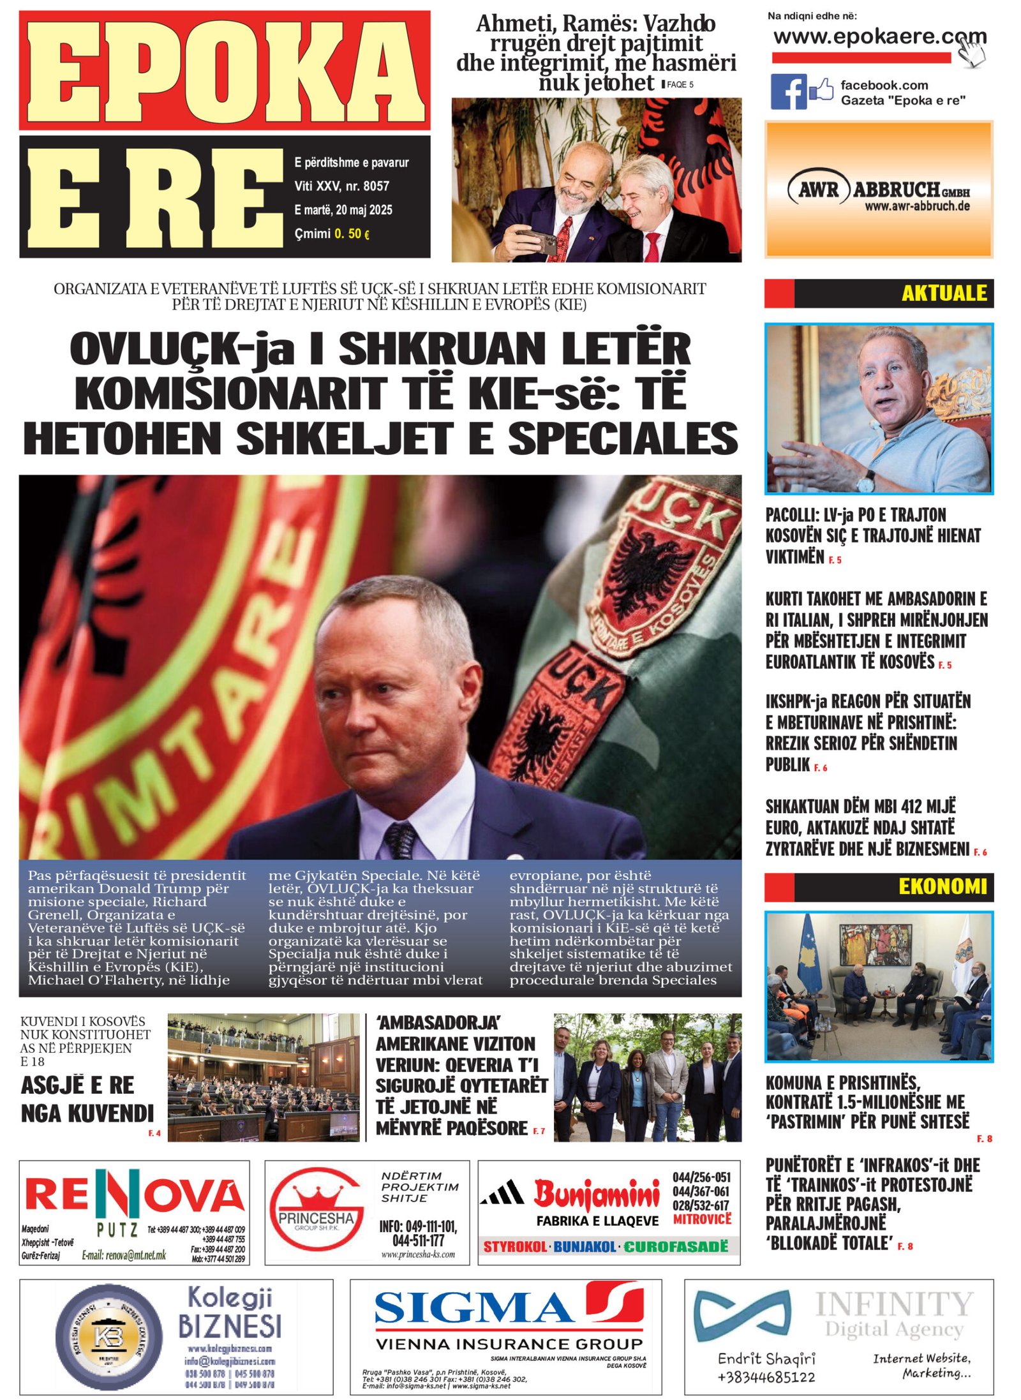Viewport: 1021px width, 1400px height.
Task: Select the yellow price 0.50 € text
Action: tap(351, 234)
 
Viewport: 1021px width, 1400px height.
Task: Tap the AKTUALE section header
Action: tap(943, 294)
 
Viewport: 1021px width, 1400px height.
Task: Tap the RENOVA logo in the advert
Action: tap(134, 1195)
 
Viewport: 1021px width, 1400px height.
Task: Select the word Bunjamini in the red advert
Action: tap(596, 1195)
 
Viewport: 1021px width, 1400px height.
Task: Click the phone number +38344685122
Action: tap(766, 1376)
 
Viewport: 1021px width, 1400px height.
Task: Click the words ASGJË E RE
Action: tap(77, 1085)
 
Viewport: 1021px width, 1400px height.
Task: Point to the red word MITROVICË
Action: tap(702, 1219)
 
